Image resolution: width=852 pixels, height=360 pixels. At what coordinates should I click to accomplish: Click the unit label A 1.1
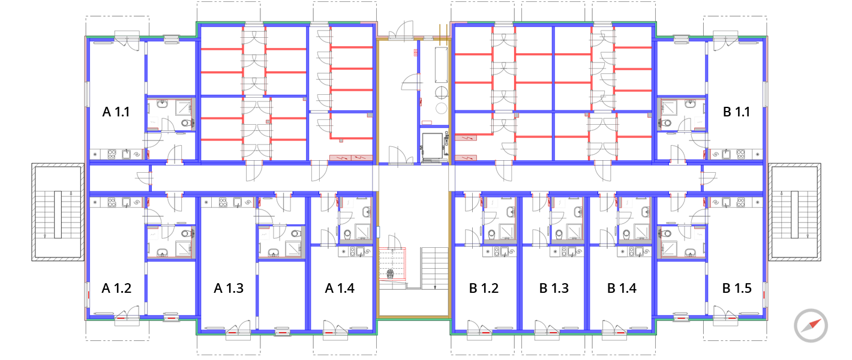pos(116,112)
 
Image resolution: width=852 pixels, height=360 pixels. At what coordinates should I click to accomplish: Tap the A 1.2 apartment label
pos(116,288)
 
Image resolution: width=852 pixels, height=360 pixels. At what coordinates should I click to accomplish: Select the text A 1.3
pos(229,288)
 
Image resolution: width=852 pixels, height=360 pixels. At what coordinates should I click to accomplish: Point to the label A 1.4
pos(340,288)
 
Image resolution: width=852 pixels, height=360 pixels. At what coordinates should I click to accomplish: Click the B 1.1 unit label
pos(736,112)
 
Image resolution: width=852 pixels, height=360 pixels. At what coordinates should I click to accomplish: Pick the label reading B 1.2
pos(484,288)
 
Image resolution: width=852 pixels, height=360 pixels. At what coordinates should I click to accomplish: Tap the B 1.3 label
pos(554,288)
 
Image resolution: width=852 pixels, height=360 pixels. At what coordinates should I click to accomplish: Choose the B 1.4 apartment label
pos(622,288)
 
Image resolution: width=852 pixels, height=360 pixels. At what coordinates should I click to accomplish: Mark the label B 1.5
pos(737,288)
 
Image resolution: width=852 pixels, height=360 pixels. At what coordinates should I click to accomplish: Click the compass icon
pos(811,326)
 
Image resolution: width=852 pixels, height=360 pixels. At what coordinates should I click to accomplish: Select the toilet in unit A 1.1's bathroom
pos(186,124)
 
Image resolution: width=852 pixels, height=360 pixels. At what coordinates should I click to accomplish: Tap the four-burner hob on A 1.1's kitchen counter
pos(112,154)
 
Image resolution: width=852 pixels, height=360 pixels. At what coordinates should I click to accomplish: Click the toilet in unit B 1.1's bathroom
pos(667,124)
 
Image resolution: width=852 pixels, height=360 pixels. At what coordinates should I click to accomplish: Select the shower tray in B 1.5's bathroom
pos(668,248)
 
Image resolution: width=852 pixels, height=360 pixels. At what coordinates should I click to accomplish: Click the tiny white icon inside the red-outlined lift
pos(391,274)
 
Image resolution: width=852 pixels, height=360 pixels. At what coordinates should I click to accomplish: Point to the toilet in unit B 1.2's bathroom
pos(491,233)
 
